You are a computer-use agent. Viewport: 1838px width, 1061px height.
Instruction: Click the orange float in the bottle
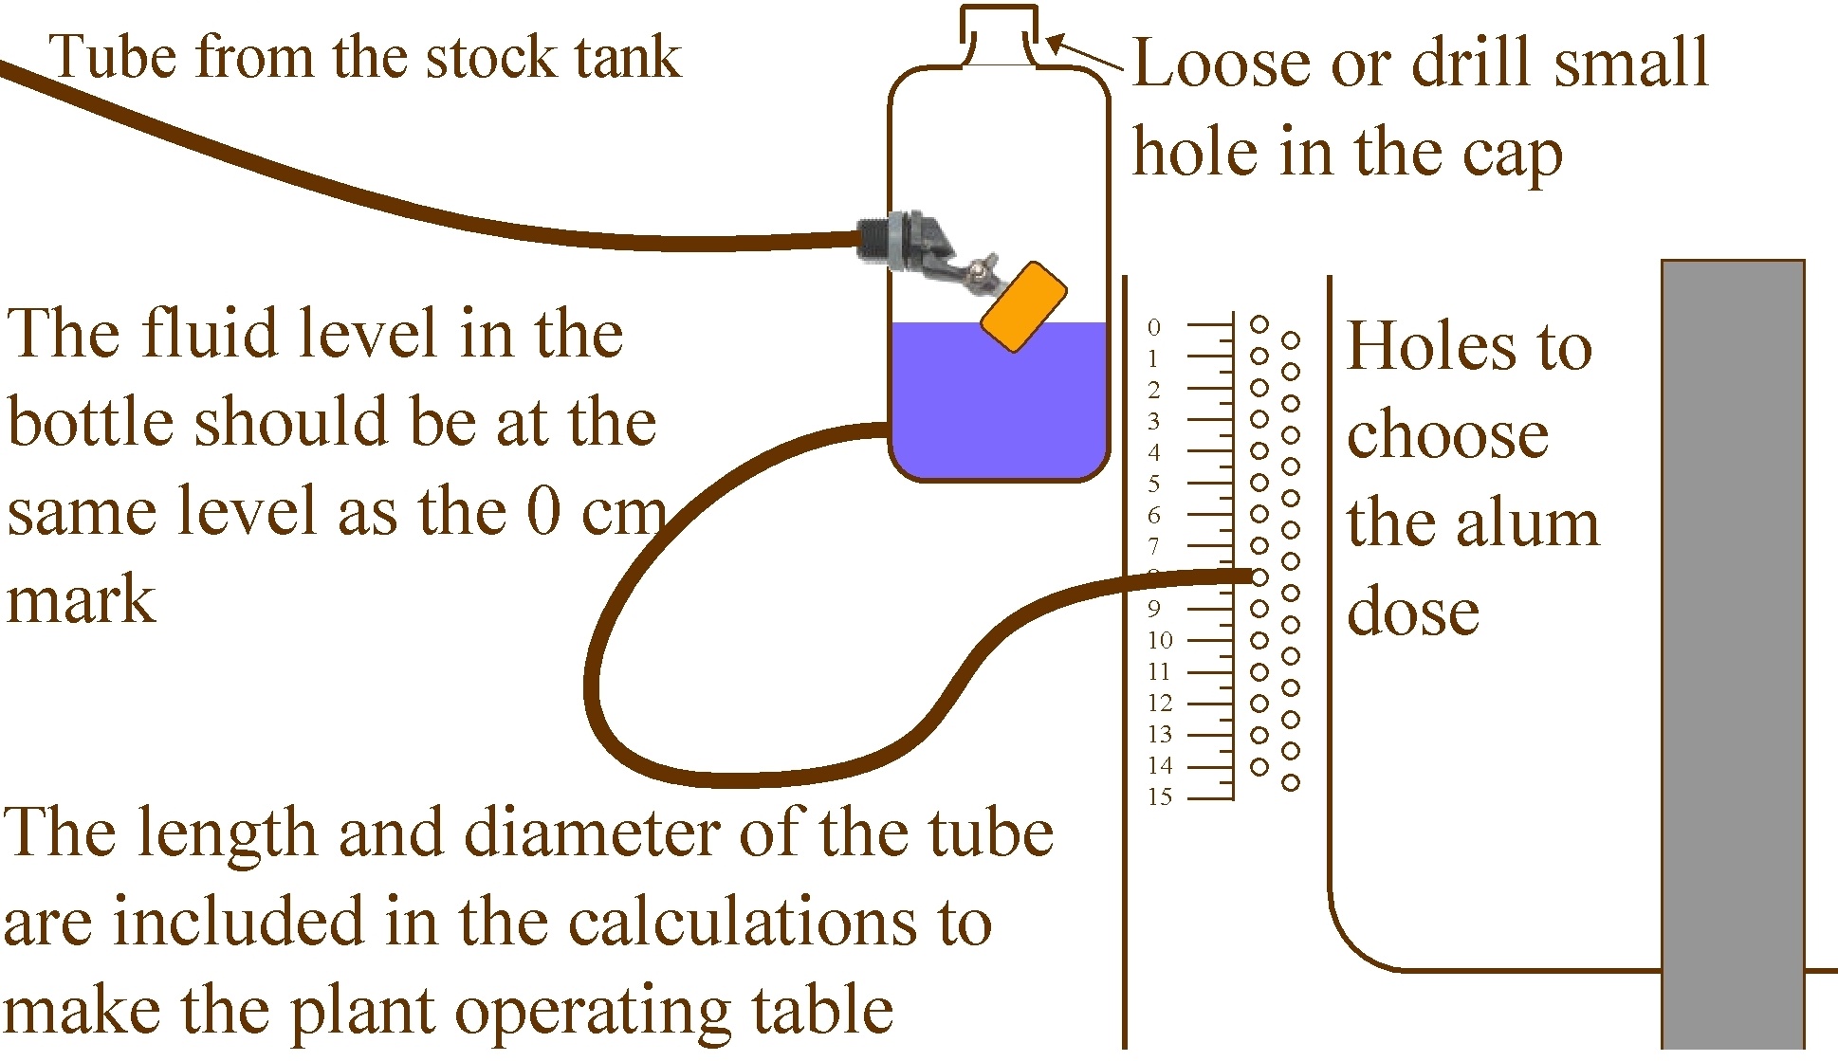click(x=1023, y=307)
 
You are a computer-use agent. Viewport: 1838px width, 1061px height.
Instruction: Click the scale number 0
click(x=1153, y=327)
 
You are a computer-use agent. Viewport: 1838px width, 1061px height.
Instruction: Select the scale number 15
click(x=1160, y=796)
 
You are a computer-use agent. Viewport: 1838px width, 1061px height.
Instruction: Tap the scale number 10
click(x=1160, y=640)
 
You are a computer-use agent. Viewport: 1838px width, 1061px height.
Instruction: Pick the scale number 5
click(x=1153, y=484)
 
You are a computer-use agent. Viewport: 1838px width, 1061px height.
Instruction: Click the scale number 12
click(x=1160, y=703)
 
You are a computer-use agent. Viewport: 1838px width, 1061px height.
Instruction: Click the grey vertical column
click(x=1733, y=654)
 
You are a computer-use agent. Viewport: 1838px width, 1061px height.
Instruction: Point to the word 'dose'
click(x=1413, y=611)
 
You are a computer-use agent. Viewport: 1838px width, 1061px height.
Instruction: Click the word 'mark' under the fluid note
click(x=81, y=599)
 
